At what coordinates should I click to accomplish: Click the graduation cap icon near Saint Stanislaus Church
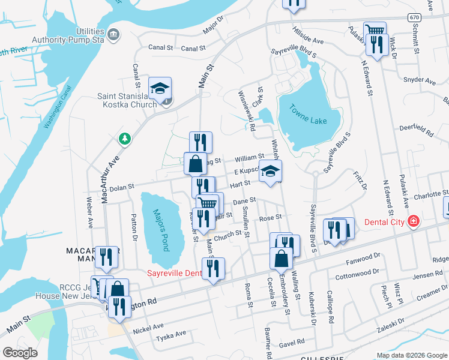160,89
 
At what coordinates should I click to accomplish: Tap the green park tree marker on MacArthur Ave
125,139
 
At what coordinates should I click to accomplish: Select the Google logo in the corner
20,352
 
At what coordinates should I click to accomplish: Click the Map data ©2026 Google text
412,355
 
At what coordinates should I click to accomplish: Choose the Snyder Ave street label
420,80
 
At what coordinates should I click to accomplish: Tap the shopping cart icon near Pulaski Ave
375,29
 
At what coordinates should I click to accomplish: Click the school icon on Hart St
270,172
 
